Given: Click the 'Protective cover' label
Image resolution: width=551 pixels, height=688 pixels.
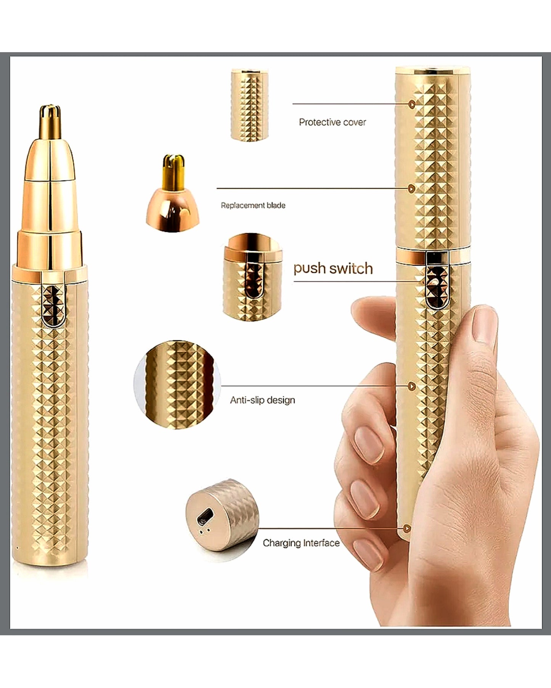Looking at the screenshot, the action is point(332,122).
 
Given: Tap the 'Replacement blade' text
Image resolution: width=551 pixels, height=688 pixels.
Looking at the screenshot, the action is point(253,205).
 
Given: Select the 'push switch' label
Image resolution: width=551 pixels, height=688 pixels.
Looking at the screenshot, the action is point(333,268).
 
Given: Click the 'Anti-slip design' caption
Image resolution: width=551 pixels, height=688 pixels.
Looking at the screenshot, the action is point(262,400).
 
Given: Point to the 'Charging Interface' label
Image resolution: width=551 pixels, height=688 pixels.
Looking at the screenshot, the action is point(301,543).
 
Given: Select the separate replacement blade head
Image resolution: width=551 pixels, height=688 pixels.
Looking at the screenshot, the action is point(173,193).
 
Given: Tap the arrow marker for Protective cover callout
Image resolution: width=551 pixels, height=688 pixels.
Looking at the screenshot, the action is point(411,104).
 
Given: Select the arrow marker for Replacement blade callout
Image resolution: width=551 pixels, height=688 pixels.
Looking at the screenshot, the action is point(411,188).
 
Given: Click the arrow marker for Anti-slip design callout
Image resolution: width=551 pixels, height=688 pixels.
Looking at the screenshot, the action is point(411,386).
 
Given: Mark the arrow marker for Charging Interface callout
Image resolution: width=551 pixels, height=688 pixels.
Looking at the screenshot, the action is point(407,528).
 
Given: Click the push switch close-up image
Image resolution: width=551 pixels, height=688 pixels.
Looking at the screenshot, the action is point(252,277).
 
